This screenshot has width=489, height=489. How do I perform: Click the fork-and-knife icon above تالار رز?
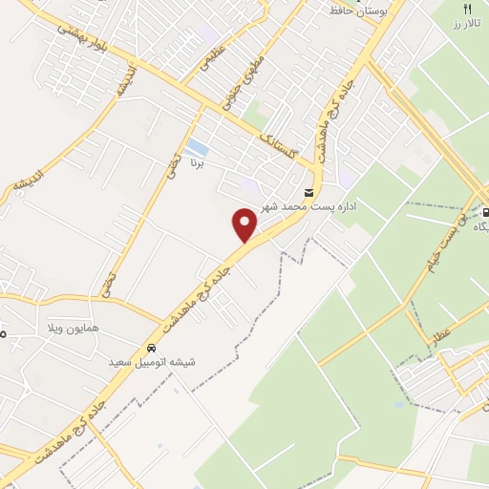(467, 8)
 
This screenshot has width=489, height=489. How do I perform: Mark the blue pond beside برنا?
(197, 148)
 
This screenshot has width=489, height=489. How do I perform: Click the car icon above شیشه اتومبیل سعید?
(151, 347)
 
